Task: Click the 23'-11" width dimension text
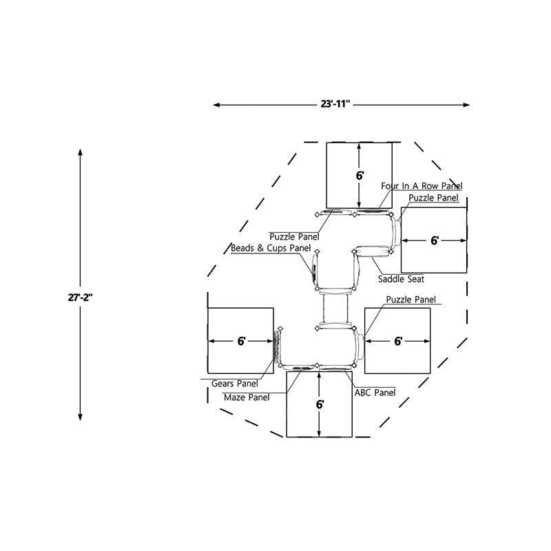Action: tap(335, 104)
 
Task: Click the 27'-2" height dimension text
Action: tap(80, 298)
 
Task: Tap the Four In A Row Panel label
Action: tap(422, 186)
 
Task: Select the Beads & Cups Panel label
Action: tap(271, 248)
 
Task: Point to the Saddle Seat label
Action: tap(401, 279)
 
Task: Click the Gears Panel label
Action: tap(234, 384)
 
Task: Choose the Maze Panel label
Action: tap(247, 397)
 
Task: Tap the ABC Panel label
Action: tap(375, 393)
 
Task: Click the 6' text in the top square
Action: tap(360, 176)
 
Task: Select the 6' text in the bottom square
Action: tap(320, 404)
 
